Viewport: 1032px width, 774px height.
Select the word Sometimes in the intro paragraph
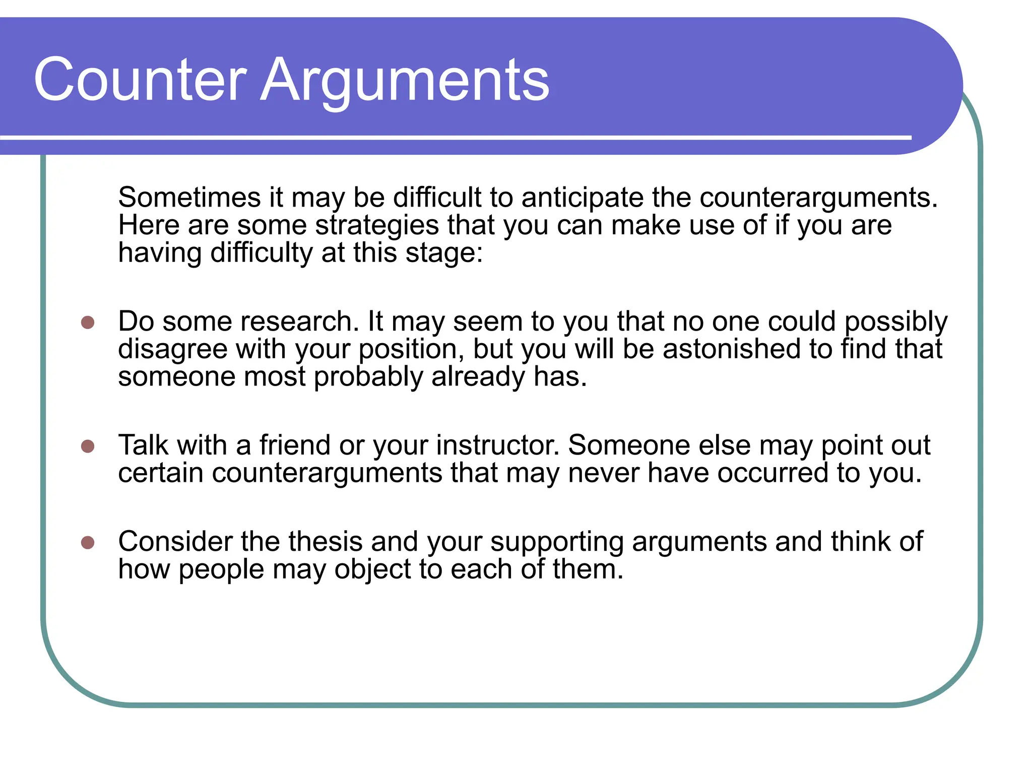click(x=189, y=197)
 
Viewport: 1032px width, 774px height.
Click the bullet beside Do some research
click(x=88, y=322)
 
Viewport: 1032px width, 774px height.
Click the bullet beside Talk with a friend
click(x=88, y=446)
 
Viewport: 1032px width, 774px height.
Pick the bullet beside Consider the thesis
click(x=88, y=543)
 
